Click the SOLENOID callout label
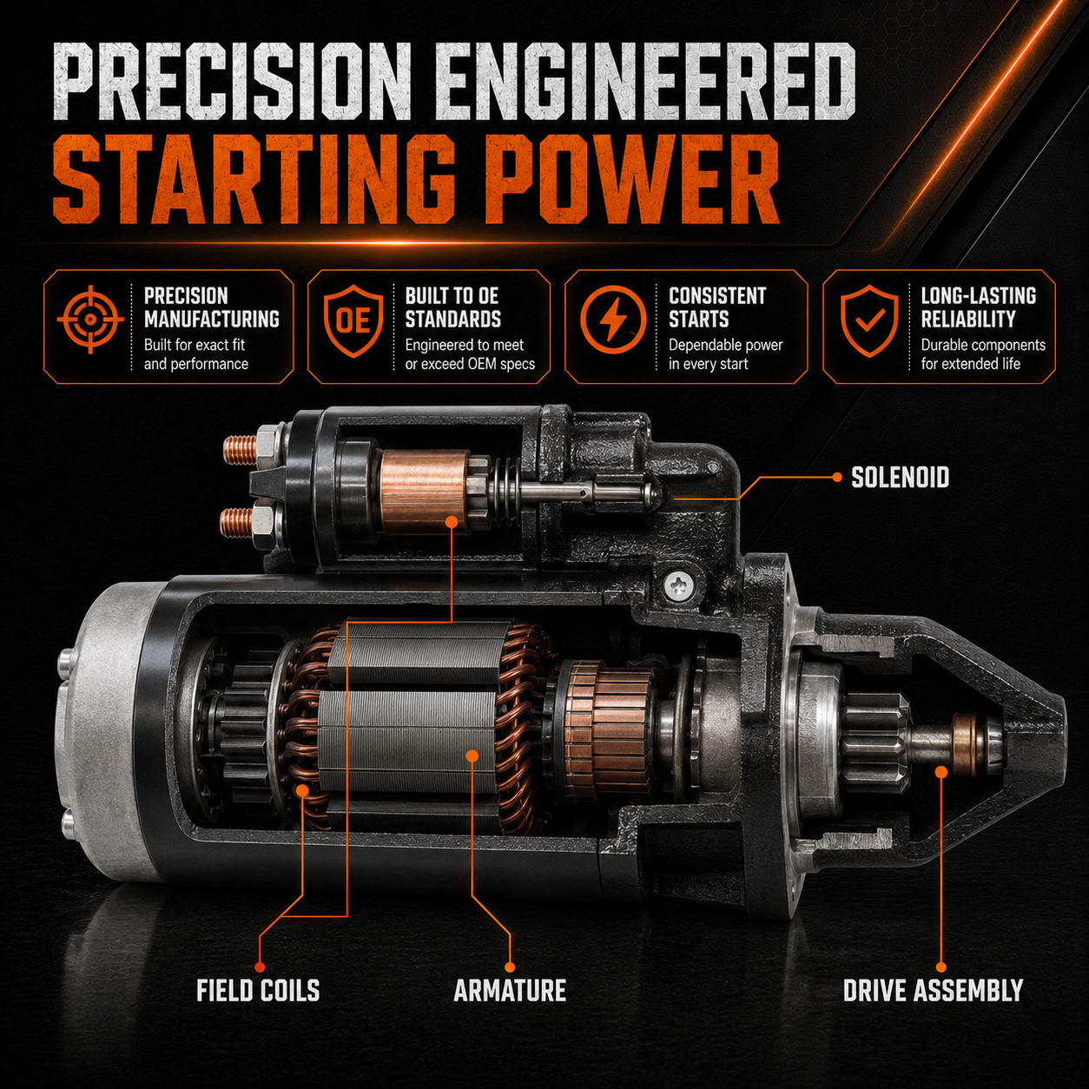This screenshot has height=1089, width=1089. click(900, 478)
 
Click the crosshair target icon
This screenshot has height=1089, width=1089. click(90, 320)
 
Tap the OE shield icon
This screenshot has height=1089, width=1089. click(353, 320)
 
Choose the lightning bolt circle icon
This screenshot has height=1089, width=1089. click(614, 320)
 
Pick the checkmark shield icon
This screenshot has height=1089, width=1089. click(869, 320)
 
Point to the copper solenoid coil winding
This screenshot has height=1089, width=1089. click(425, 492)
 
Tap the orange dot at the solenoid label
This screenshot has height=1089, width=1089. click(837, 478)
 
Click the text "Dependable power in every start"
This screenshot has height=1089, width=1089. click(726, 354)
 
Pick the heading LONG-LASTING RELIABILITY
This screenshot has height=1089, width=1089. click(978, 307)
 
